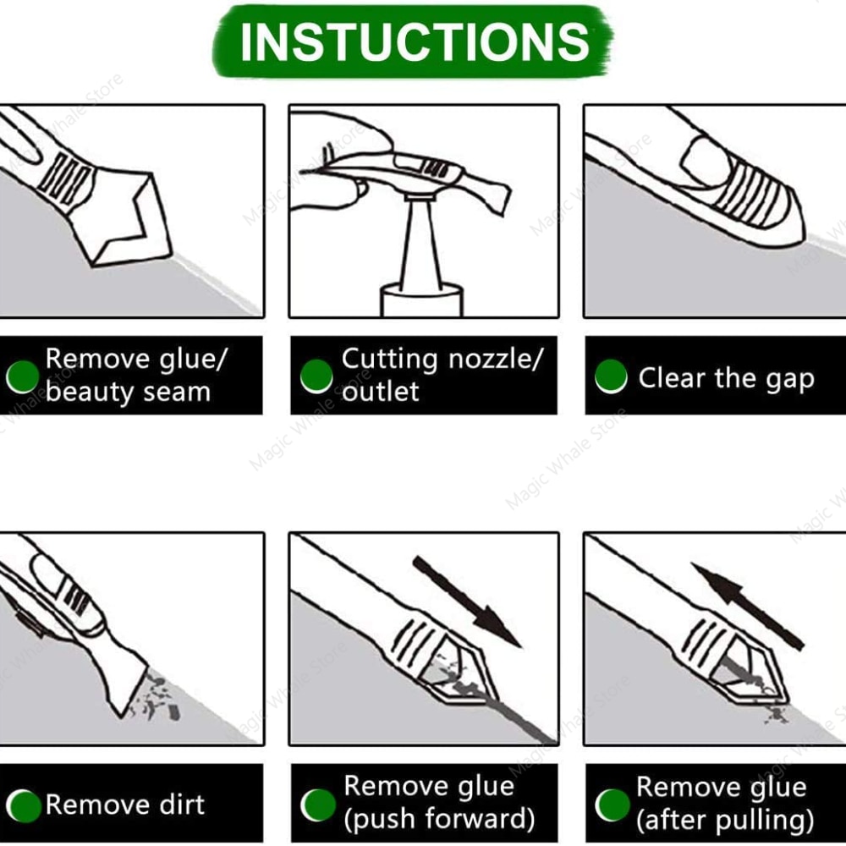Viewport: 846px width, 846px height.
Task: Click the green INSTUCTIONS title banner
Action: (x=413, y=41)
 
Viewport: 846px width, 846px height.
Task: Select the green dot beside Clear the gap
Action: (x=611, y=377)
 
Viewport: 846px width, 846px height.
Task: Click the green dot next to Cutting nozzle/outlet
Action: (x=316, y=376)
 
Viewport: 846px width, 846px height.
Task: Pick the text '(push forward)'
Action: (x=438, y=819)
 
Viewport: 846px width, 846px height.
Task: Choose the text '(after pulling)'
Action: (x=725, y=820)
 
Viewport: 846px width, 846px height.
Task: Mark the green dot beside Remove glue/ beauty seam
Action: (x=23, y=376)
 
